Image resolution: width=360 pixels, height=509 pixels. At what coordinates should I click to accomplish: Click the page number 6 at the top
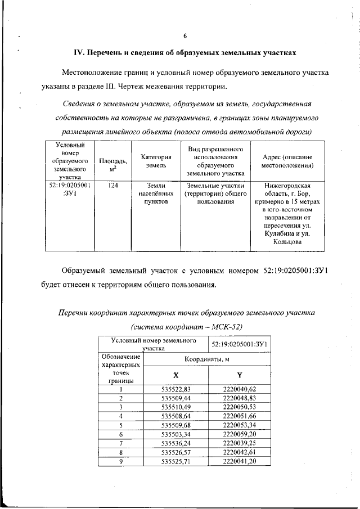[x=184, y=37]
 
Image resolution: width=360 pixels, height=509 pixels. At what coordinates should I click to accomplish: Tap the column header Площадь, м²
[x=112, y=160]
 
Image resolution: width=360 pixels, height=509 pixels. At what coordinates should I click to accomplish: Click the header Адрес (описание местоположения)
[x=287, y=160]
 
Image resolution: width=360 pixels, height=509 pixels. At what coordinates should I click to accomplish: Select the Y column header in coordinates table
[x=239, y=375]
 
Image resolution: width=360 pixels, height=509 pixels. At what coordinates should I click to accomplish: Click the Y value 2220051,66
[x=239, y=416]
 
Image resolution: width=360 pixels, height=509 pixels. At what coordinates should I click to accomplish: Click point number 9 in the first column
[x=120, y=461]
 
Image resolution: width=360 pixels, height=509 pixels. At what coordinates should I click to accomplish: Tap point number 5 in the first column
[x=120, y=425]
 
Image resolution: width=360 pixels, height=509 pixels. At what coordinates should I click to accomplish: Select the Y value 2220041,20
[x=239, y=461]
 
